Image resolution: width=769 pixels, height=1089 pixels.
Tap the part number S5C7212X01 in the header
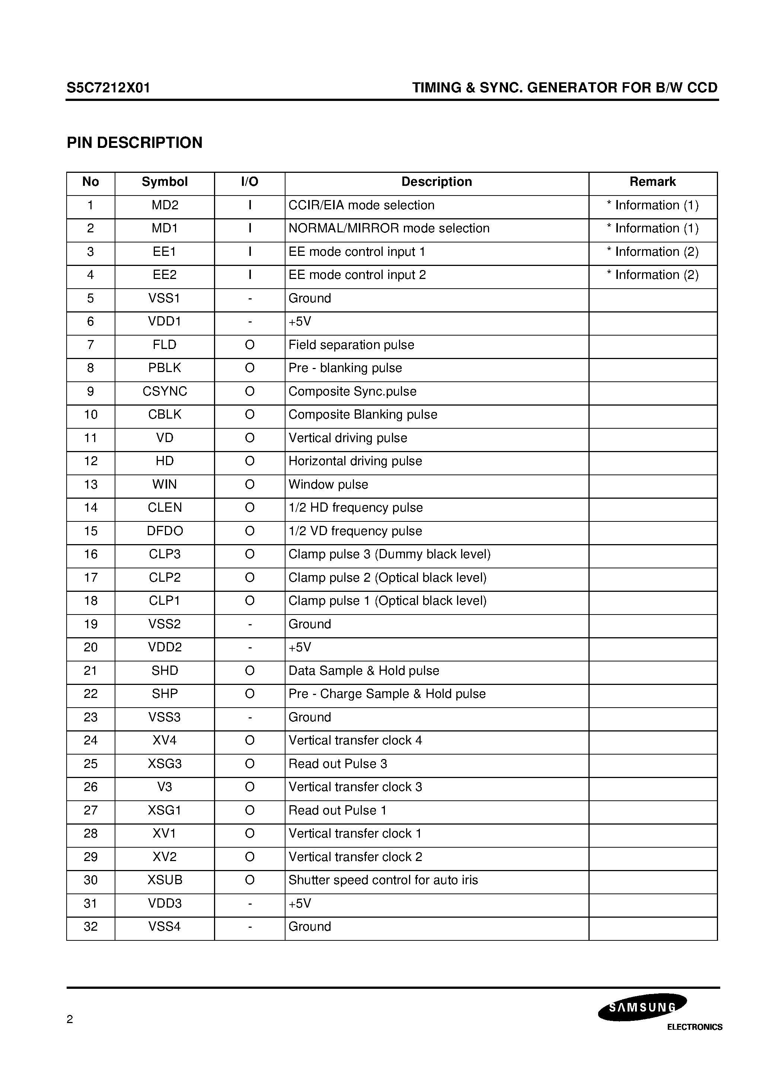pyautogui.click(x=108, y=88)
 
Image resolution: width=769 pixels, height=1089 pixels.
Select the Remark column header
pyautogui.click(x=652, y=182)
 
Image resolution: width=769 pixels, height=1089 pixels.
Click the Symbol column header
pyautogui.click(x=165, y=182)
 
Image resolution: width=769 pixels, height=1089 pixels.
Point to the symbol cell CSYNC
pyautogui.click(x=165, y=391)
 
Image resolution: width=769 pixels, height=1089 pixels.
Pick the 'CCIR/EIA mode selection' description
pyautogui.click(x=361, y=205)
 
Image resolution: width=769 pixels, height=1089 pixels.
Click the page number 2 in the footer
pyautogui.click(x=70, y=1019)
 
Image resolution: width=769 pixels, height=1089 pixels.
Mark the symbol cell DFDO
pyautogui.click(x=165, y=531)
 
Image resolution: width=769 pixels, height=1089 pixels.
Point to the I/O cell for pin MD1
pyautogui.click(x=249, y=229)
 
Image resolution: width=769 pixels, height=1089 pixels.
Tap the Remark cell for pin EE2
pyautogui.click(x=652, y=275)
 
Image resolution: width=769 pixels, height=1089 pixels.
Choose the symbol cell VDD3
pyautogui.click(x=165, y=903)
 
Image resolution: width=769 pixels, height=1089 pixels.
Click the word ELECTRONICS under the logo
pyautogui.click(x=695, y=1027)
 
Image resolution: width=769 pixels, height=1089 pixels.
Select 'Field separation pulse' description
pyautogui.click(x=351, y=345)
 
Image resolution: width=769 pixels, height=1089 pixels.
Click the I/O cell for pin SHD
pyautogui.click(x=249, y=671)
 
